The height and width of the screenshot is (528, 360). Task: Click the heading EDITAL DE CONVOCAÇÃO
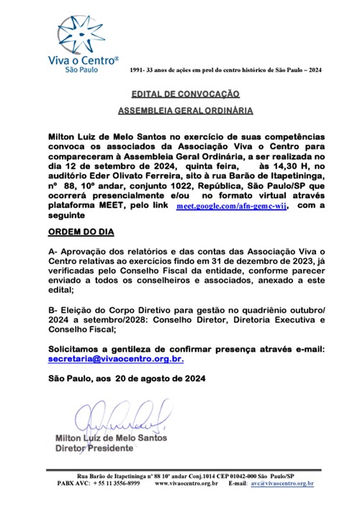coord(185,94)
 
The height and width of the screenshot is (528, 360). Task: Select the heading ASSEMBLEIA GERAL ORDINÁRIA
coord(185,112)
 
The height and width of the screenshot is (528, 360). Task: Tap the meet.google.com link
coord(232,205)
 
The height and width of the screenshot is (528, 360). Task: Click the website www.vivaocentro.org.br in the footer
coord(186,483)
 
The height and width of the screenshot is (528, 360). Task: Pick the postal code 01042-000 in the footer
coord(235,475)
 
